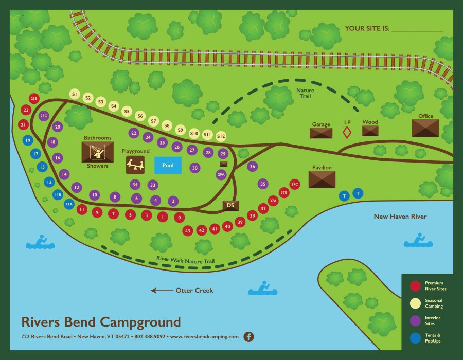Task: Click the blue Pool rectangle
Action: coord(168,165)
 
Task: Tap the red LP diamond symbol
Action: coord(347,132)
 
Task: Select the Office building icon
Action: coord(425,128)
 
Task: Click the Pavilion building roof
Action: coord(322,179)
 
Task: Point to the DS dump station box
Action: coord(230,205)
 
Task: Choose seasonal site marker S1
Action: coord(75,94)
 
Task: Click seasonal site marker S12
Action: coord(221,136)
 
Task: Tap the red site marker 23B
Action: coord(34,98)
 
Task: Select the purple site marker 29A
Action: coord(221,175)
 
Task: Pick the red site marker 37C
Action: coord(294,184)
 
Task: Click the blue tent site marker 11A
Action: coord(69,204)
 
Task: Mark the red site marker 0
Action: coord(179,218)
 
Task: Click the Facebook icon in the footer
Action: coord(248,337)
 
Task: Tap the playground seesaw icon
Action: coord(135,165)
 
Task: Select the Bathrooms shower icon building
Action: coord(97,152)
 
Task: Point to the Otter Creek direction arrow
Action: coord(162,291)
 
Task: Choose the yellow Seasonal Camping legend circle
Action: coord(416,303)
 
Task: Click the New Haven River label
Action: coord(400,217)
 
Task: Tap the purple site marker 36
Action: coord(252,166)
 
